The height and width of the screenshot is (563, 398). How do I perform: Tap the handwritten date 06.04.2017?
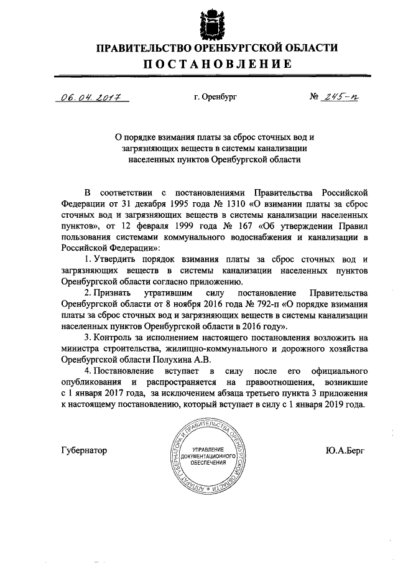(91, 98)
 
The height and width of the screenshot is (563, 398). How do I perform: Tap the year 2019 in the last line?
(331, 404)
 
